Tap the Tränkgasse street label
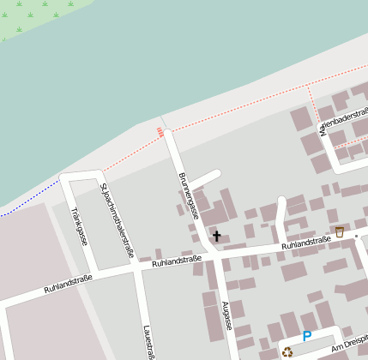tap(78, 225)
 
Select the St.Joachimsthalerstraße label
tap(118, 220)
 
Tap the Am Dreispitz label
tap(348, 343)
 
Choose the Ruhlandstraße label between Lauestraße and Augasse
tap(176, 260)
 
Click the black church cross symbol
tap(216, 235)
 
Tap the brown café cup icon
tap(340, 231)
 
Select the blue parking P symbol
tap(307, 337)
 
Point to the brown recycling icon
tap(287, 351)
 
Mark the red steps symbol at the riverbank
tap(160, 131)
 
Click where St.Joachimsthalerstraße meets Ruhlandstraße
tap(136, 267)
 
